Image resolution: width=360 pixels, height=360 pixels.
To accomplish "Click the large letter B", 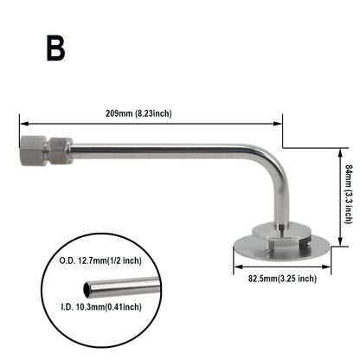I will pos(55,48).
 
